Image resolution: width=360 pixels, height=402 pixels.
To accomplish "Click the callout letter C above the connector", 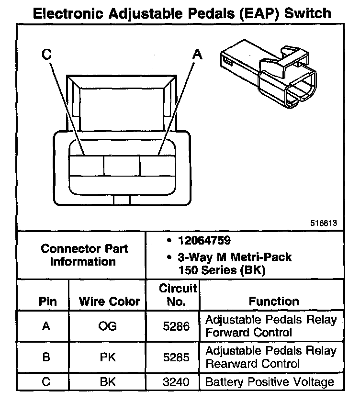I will [x=46, y=55].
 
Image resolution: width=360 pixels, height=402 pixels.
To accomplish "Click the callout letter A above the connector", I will [x=197, y=55].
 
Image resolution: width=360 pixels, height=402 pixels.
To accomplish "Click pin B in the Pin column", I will [x=46, y=357].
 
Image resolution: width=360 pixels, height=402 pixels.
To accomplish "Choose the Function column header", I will [x=274, y=301].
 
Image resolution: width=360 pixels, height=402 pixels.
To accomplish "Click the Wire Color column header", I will [x=110, y=301].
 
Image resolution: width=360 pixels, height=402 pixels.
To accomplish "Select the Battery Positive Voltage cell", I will [x=269, y=382].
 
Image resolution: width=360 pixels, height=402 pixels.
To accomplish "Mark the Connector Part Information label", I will [x=84, y=255].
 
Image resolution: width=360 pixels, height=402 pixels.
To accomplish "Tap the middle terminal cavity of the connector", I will [x=122, y=166].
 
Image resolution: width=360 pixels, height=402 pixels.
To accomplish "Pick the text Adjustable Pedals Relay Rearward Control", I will [x=270, y=357].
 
